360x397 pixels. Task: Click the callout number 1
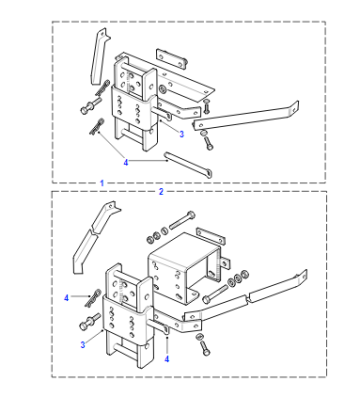[x=102, y=183]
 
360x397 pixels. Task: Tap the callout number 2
[x=161, y=192]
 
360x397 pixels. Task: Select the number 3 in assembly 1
[x=181, y=134]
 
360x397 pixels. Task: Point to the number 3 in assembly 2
[x=83, y=345]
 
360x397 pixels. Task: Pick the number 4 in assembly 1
[x=126, y=163]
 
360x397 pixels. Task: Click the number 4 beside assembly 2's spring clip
[x=66, y=297]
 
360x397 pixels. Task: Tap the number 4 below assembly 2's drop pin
[x=167, y=359]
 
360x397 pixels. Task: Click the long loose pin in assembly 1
[x=188, y=165]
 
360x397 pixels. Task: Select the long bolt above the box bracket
[x=182, y=220]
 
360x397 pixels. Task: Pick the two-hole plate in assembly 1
[x=171, y=59]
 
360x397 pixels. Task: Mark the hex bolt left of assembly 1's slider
[x=90, y=105]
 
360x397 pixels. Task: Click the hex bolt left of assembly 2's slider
[x=90, y=321]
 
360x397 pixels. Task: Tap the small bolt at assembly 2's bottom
[x=205, y=346]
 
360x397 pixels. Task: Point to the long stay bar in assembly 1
[x=246, y=116]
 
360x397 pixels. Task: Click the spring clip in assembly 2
[x=93, y=298]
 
